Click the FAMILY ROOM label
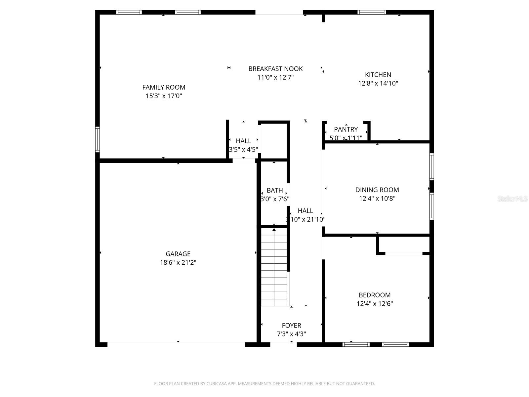coord(164,87)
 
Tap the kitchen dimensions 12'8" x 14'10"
coord(378,83)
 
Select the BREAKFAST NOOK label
coord(275,69)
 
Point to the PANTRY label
coord(346,129)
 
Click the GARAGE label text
coord(178,254)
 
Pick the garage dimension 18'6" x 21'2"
coord(178,263)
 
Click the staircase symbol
coord(274,267)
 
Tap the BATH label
coord(275,191)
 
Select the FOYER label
coord(291,326)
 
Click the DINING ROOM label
coord(377,190)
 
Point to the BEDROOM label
coord(375,295)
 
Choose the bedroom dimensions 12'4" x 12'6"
coord(375,304)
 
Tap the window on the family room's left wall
coord(98,139)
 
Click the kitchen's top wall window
coord(372,13)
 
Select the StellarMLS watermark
coord(512,199)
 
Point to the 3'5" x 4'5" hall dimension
coord(243,150)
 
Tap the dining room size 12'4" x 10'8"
coord(377,198)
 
